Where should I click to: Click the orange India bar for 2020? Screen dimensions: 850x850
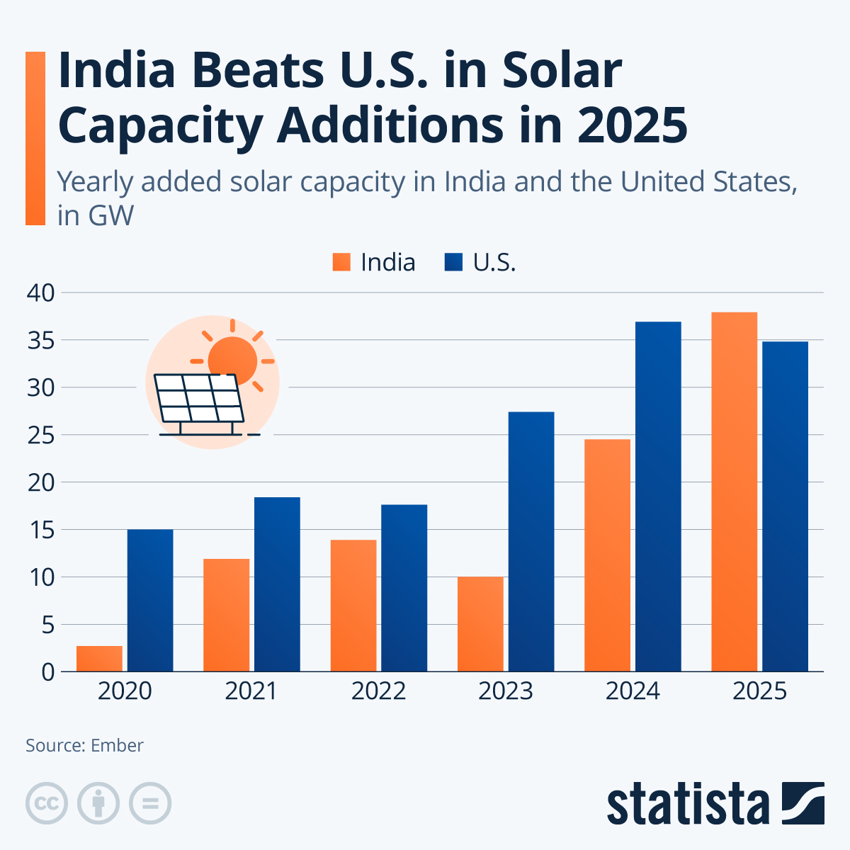coord(99,659)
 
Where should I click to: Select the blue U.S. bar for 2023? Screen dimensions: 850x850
coord(531,542)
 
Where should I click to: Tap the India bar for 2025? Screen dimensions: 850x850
coord(734,492)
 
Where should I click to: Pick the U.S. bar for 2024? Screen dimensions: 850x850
coord(658,496)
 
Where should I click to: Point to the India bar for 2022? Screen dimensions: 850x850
coord(353,606)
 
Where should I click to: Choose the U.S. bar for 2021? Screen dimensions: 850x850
coord(277,584)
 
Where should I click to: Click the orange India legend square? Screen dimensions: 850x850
coord(341,262)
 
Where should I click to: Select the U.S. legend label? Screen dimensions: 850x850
coord(494,262)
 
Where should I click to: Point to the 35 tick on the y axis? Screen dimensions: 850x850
coord(41,341)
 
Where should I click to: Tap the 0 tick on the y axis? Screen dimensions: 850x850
coord(48,671)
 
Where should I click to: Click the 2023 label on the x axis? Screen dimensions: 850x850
coord(505,691)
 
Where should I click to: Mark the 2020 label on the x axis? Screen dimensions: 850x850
coord(125,691)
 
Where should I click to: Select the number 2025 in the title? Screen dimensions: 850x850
coord(632,125)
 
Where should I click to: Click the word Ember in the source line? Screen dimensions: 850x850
coord(117,745)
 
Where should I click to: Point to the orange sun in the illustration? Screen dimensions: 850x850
coord(233,358)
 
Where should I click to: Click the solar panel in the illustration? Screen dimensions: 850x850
coord(199,399)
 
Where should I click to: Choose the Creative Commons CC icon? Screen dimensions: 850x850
coord(47,804)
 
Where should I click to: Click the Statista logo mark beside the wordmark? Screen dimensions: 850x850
coord(803,803)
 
